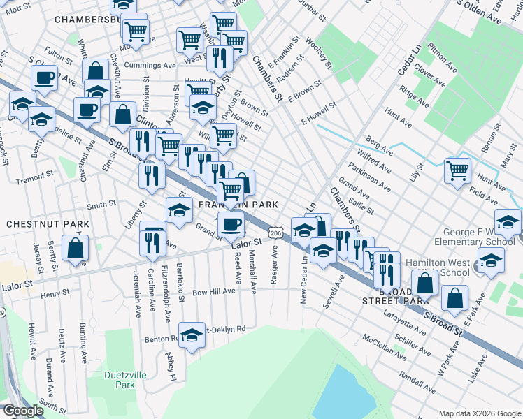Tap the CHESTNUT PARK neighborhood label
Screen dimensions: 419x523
(48, 224)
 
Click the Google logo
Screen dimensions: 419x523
(24, 411)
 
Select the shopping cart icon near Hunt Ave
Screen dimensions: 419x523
(457, 170)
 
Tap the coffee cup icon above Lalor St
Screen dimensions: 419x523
(231, 224)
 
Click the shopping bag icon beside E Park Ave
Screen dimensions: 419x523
(454, 297)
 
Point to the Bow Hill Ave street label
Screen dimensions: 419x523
(214, 291)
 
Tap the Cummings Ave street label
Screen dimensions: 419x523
(150, 65)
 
